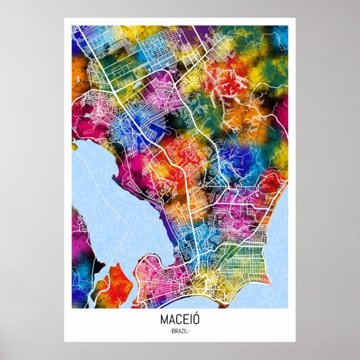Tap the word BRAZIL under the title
(x=179, y=331)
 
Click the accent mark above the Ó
(x=196, y=315)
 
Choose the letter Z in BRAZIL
(x=182, y=331)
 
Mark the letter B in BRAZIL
(x=172, y=331)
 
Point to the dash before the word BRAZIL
(x=169, y=331)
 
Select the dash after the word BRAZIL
(x=190, y=331)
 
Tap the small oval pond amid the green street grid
(x=136, y=86)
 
